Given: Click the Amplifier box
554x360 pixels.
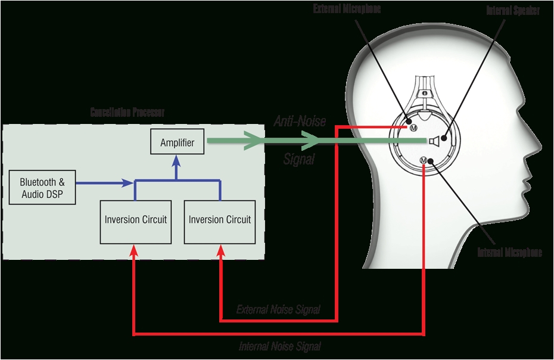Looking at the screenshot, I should [x=177, y=142].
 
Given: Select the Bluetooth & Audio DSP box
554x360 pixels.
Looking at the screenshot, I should [x=42, y=187].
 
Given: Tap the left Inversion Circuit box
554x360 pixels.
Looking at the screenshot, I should [x=136, y=219].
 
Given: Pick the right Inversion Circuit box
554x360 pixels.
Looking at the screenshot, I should [x=220, y=219].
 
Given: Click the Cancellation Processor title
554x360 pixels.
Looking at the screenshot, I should [x=127, y=112].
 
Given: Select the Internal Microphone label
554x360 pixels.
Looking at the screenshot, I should [x=510, y=252].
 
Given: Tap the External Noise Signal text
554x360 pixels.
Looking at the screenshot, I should [x=278, y=309].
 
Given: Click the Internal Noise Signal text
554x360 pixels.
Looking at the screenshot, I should [x=279, y=346].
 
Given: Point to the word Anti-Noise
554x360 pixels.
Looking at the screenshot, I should [x=300, y=122].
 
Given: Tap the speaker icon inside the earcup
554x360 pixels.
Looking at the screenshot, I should [x=435, y=141].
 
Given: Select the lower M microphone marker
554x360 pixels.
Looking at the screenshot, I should [x=424, y=160].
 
